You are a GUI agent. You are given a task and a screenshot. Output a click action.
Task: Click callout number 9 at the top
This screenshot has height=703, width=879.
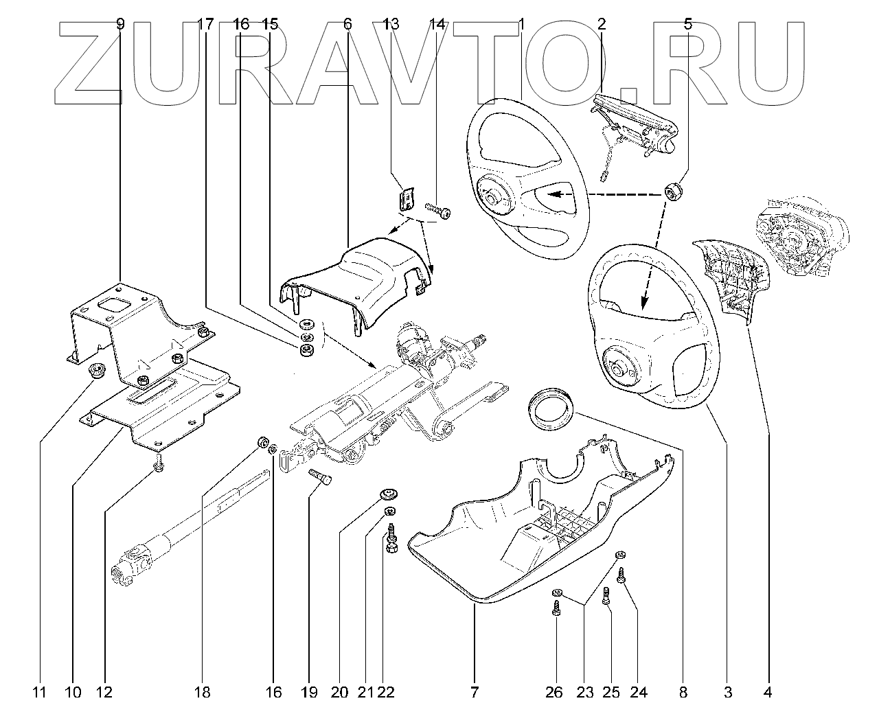pyautogui.click(x=119, y=24)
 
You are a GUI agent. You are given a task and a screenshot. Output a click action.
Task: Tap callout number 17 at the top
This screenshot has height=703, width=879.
pyautogui.click(x=205, y=24)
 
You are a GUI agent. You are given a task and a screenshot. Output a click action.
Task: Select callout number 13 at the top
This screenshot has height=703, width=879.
pyautogui.click(x=391, y=24)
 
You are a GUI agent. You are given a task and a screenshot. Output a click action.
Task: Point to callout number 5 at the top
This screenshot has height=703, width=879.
pyautogui.click(x=688, y=24)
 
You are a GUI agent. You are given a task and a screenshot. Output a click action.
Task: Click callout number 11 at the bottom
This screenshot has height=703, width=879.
pyautogui.click(x=40, y=692)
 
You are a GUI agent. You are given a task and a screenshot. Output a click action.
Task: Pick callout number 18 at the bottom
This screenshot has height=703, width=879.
pyautogui.click(x=202, y=692)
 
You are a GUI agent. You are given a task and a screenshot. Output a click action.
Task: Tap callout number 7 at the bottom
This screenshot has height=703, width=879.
pyautogui.click(x=475, y=692)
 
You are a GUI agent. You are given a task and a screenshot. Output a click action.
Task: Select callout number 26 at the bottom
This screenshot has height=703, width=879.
pyautogui.click(x=554, y=692)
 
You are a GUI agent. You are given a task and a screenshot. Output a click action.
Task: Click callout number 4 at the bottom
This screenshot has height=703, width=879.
pyautogui.click(x=768, y=692)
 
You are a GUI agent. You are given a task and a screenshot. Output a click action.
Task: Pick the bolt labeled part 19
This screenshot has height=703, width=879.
pyautogui.click(x=320, y=476)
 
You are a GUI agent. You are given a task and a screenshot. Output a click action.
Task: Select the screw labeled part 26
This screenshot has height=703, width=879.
pyautogui.click(x=556, y=608)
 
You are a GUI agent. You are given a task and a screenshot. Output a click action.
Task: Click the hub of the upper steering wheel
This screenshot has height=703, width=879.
pyautogui.click(x=492, y=198)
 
